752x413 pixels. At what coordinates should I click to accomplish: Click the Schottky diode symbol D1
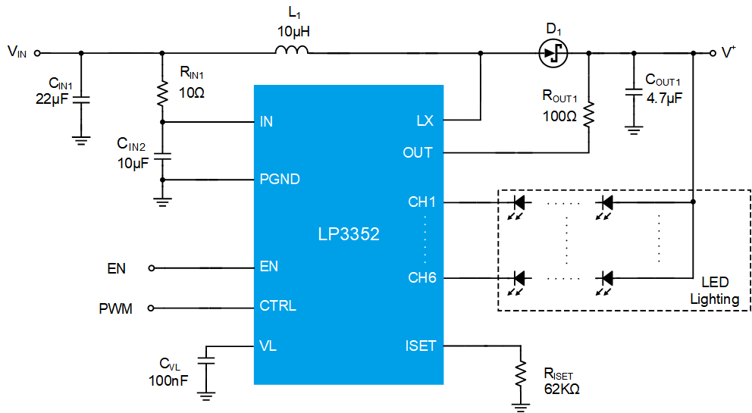point(553,53)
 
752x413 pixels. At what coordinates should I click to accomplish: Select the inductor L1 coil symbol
point(292,49)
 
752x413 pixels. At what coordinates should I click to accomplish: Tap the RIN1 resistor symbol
point(162,93)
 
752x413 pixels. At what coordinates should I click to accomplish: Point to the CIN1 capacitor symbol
point(81,99)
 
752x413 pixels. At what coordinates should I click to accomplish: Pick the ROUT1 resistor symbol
point(588,114)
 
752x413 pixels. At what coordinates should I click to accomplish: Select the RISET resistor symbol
point(520,373)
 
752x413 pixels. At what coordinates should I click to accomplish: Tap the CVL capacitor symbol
point(206,360)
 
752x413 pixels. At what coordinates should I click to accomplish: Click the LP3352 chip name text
point(349,234)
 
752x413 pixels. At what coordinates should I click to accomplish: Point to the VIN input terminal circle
point(37,53)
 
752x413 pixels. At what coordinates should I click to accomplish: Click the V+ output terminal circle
point(713,53)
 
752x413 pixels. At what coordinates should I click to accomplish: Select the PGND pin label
point(280,180)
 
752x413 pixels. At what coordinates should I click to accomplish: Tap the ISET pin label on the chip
point(421,346)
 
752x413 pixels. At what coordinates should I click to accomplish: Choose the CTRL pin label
point(277,305)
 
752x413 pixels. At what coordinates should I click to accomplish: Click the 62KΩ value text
point(562,389)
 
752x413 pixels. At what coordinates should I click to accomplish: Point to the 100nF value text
point(168,381)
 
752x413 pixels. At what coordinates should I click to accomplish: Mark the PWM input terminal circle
point(151,308)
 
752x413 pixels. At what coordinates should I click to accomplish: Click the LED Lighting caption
point(715,291)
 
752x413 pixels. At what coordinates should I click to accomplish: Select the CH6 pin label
point(422,277)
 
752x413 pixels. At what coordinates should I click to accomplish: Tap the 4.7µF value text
point(664,99)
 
